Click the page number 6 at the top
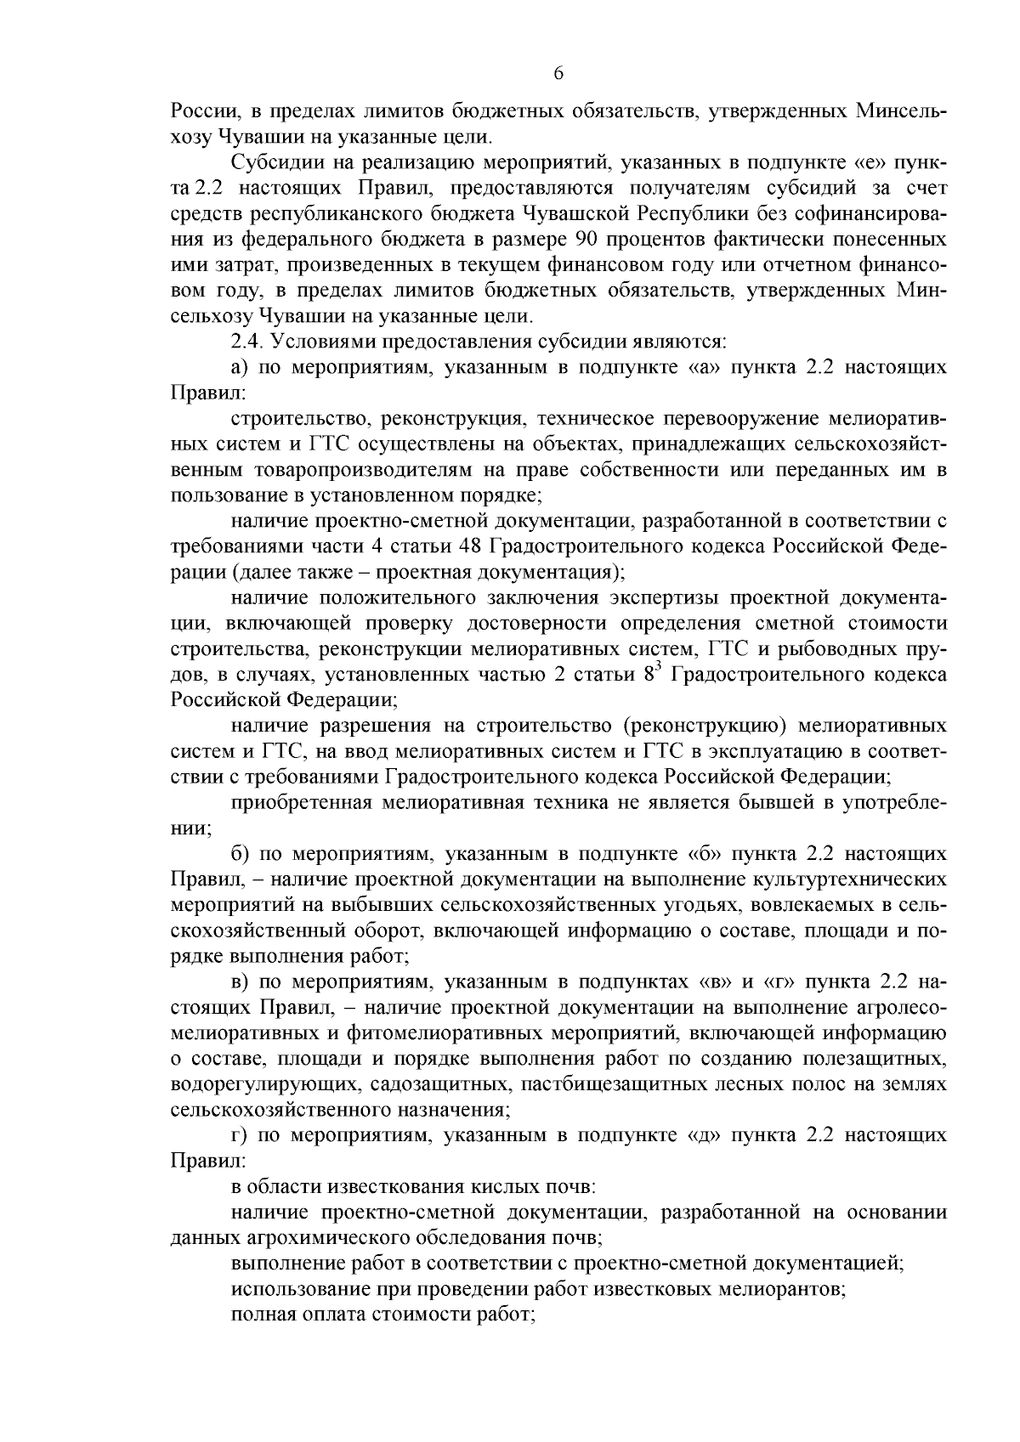tap(558, 74)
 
